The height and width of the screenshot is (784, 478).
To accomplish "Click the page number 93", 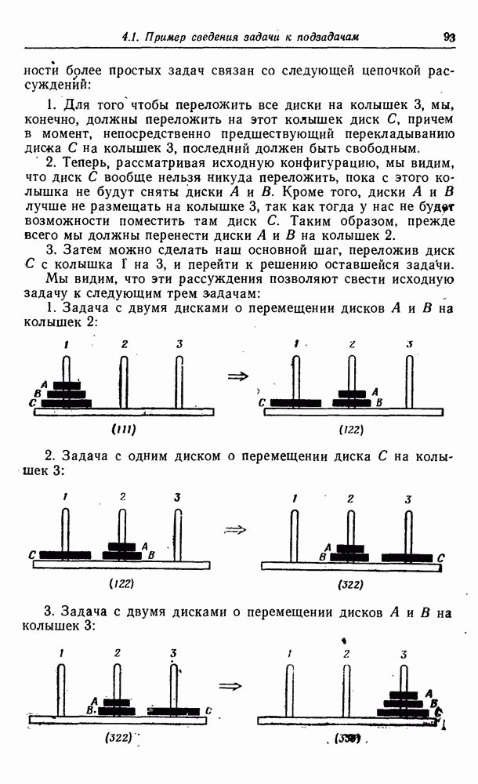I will tap(449, 36).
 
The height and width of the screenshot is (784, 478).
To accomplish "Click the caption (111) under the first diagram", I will tap(124, 429).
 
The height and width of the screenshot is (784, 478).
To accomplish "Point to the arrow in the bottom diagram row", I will tap(230, 685).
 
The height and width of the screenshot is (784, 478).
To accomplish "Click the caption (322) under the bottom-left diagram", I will tap(118, 738).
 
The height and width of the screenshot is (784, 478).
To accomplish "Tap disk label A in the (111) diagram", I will tap(45, 384).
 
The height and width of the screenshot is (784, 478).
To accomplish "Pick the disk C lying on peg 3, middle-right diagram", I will tap(407, 557).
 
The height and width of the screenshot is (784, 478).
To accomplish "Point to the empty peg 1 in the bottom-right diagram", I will tap(290, 690).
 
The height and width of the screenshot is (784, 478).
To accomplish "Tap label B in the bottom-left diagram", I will tap(92, 710).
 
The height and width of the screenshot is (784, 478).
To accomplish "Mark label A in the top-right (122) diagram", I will tap(375, 391).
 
